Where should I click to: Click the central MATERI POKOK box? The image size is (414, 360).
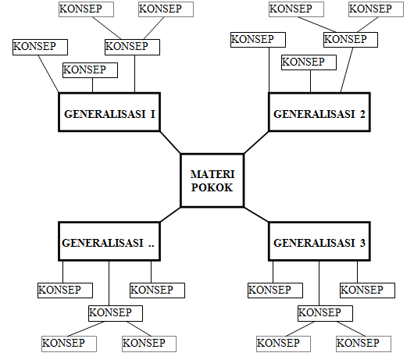212,180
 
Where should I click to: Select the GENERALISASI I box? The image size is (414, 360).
109,115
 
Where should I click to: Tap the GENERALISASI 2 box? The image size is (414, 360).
319,115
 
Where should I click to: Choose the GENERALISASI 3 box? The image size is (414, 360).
319,242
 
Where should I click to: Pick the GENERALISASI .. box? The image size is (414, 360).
109,242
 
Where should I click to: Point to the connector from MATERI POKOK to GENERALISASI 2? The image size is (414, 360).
255,143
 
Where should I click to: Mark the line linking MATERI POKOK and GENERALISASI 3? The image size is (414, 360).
255,216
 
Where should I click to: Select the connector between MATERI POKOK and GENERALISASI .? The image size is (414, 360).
170,216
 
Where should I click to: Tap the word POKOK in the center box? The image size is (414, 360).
212,187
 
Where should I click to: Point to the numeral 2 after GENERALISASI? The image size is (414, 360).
362,115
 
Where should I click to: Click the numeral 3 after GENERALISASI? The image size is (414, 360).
362,243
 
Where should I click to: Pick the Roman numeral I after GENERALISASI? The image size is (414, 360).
153,115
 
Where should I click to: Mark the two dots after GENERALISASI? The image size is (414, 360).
152,244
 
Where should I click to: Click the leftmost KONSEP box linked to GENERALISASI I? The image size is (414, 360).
35,47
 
